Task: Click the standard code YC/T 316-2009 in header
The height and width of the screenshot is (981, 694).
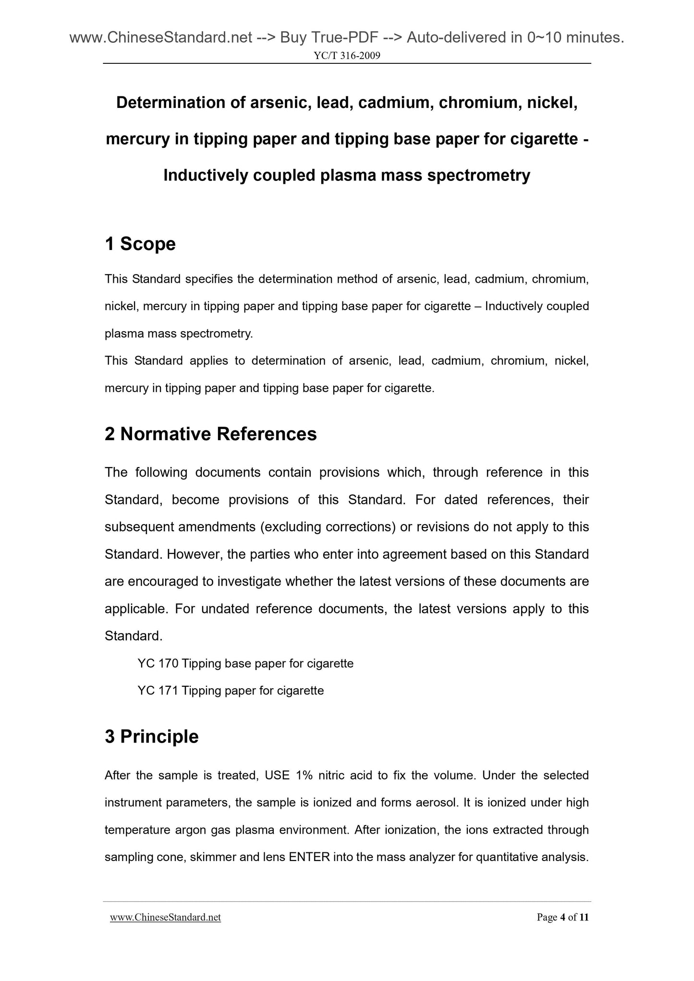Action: [x=347, y=56]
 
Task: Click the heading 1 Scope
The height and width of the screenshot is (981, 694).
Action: [x=140, y=244]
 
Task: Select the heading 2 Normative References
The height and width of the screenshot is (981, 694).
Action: [x=210, y=434]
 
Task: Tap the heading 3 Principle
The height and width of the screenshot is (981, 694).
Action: [x=151, y=737]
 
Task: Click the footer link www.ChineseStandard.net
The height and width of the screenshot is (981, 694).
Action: [x=165, y=918]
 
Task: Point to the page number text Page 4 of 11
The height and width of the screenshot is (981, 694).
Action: [x=562, y=918]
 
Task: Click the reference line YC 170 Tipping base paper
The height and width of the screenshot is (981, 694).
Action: [x=245, y=664]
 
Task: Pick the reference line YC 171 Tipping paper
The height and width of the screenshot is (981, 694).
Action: [x=231, y=691]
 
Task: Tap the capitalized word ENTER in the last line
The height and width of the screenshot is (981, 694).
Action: [x=309, y=857]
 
